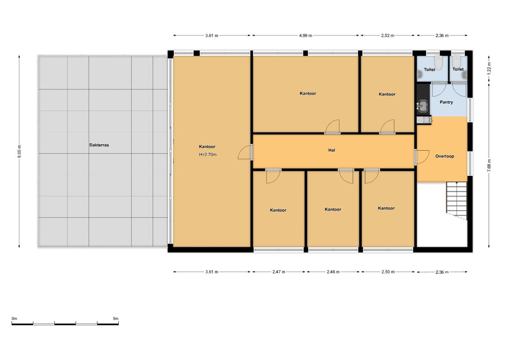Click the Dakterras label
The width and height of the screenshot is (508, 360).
(x=99, y=145)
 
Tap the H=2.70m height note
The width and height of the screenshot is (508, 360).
(x=208, y=154)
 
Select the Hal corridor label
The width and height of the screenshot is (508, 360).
(x=332, y=150)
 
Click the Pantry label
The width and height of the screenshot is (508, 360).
(x=446, y=102)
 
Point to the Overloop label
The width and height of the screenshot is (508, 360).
(x=445, y=156)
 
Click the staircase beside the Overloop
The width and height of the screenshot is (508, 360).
(x=457, y=201)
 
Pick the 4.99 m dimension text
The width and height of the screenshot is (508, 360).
(x=306, y=36)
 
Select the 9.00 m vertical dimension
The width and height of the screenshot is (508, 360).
(x=20, y=151)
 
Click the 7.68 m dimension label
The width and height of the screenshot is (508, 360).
(x=489, y=165)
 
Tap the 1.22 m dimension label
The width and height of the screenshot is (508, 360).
(x=489, y=68)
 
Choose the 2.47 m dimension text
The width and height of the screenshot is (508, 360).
(x=279, y=272)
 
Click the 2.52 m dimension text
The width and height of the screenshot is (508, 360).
(x=387, y=36)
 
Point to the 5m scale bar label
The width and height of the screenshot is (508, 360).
(x=116, y=319)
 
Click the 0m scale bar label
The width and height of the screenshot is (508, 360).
(x=14, y=319)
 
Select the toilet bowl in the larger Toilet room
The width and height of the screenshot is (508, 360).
(x=438, y=63)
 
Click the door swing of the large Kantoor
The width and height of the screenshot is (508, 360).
(x=245, y=152)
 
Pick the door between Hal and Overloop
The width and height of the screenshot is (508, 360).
(x=422, y=157)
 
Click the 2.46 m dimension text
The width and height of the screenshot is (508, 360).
(x=333, y=272)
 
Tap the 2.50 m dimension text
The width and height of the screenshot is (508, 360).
(x=388, y=272)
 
